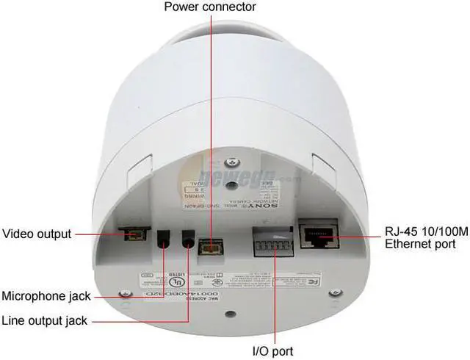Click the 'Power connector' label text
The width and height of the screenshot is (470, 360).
(210, 7)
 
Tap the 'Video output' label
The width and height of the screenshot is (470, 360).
(37, 234)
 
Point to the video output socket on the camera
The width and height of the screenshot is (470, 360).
(133, 235)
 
